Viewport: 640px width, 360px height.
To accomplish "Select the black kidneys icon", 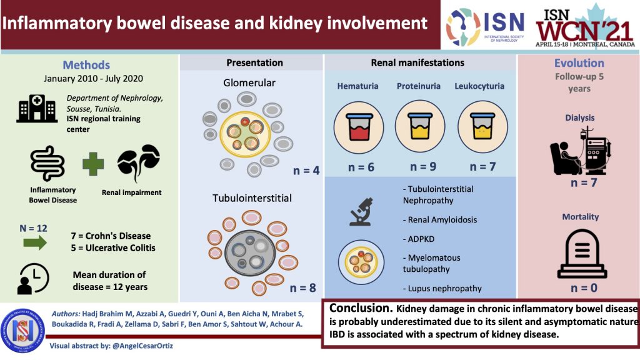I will pyautogui.click(x=138, y=162).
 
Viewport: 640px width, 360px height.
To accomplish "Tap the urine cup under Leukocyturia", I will pyautogui.click(x=479, y=124).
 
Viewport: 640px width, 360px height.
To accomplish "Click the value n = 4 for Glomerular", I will pyautogui.click(x=306, y=169).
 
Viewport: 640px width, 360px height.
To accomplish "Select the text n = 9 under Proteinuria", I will pyautogui.click(x=423, y=167).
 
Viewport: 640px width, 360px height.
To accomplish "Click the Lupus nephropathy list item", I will pyautogui.click(x=443, y=289).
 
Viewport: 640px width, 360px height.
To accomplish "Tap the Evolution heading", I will pyautogui.click(x=579, y=63).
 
